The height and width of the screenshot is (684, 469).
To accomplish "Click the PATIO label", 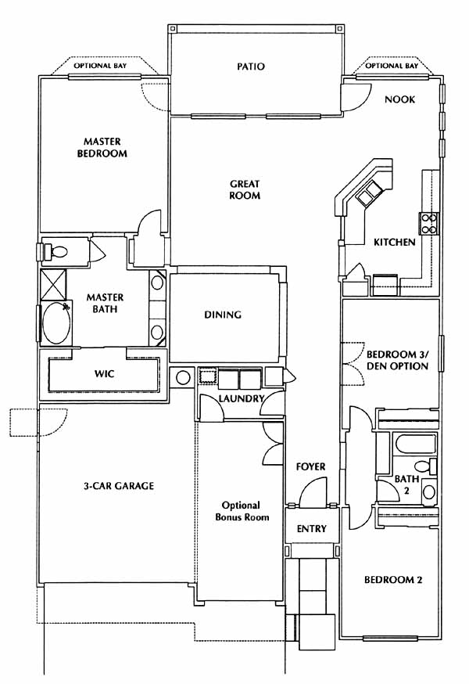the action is [x=251, y=67].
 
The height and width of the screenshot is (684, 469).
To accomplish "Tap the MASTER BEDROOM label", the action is [x=102, y=147].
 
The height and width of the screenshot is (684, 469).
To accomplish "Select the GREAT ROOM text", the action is [x=245, y=189].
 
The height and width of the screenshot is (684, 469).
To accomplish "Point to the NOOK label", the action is [x=399, y=99].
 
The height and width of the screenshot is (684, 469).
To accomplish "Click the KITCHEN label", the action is [x=395, y=242].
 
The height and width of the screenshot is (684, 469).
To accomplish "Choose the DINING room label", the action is [x=223, y=315].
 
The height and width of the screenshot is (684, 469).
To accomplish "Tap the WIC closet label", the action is [x=104, y=374].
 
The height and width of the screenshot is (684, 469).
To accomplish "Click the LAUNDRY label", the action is [x=242, y=398].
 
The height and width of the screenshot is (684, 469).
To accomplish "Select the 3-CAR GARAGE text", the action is [x=119, y=485].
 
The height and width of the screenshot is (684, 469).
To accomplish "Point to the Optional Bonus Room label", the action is [x=242, y=511].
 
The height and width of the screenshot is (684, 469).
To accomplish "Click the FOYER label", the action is [x=311, y=466].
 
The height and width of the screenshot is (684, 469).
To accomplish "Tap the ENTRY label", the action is [x=311, y=529].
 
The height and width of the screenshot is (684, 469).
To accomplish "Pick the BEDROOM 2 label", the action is [x=393, y=580].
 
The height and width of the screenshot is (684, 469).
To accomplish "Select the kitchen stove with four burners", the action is [x=428, y=223].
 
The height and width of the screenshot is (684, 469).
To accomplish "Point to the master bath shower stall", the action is [x=53, y=284].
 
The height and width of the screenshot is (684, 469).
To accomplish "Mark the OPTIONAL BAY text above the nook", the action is [x=392, y=66].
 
